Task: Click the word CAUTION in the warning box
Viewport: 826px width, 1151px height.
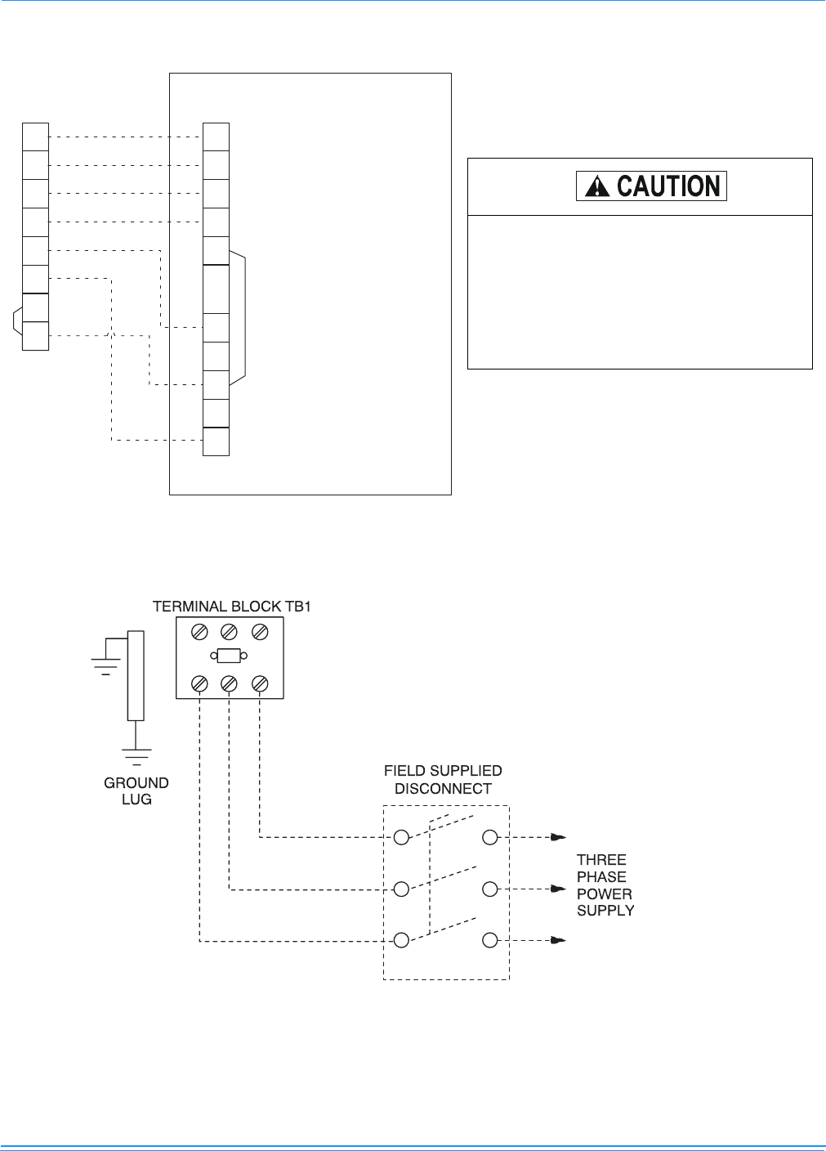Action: coord(668,186)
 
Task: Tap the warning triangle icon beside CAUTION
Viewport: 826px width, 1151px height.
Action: coord(597,186)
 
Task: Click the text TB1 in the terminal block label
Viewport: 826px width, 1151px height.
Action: coord(298,607)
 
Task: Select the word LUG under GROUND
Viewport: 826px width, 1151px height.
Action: coord(136,799)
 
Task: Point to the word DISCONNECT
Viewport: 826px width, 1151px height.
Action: coord(443,789)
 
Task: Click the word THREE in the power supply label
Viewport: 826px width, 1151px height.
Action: coord(601,860)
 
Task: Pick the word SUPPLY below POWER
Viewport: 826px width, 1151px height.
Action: coord(605,911)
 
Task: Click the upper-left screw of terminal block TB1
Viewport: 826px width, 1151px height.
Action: coord(199,632)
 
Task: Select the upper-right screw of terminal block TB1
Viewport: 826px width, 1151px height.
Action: coord(260,632)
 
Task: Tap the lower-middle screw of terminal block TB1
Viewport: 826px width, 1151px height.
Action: coord(229,684)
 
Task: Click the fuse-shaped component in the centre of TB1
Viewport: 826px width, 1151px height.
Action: coord(229,656)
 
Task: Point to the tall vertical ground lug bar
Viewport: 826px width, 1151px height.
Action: coord(136,676)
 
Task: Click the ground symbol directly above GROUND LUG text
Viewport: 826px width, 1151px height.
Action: coord(136,757)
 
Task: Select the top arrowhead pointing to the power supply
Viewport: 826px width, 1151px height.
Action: coord(558,838)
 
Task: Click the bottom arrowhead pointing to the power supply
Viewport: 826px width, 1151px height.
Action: coord(558,940)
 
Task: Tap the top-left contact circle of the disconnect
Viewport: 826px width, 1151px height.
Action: coord(401,838)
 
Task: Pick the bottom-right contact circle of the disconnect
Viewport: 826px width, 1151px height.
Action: coord(490,940)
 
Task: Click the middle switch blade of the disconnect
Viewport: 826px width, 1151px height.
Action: coord(444,878)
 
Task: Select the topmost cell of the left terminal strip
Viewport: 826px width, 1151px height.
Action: coord(35,137)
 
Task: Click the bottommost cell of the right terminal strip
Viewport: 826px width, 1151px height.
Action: coord(216,441)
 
